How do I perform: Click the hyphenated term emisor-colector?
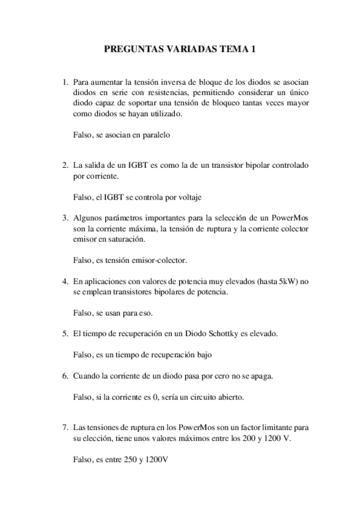(x=158, y=260)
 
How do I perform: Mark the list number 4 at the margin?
(x=65, y=281)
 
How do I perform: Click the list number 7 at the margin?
(x=65, y=428)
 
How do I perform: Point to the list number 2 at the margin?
(x=65, y=165)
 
